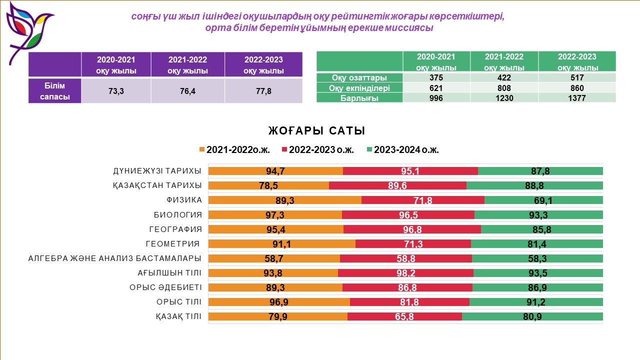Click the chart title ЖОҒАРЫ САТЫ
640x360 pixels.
[316, 131]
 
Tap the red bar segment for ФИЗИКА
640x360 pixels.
[422, 200]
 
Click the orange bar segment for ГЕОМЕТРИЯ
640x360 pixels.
[281, 244]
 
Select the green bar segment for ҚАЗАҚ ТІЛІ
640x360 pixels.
[532, 316]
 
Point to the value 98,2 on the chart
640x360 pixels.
[405, 273]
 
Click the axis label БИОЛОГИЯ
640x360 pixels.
[177, 215]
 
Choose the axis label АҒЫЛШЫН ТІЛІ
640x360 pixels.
[169, 273]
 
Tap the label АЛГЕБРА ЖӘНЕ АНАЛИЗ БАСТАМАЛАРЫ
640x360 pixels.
[115, 258]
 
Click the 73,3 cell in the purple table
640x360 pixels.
[116, 91]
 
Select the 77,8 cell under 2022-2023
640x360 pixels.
[263, 91]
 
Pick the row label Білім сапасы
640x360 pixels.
[55, 91]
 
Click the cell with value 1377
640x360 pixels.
[577, 98]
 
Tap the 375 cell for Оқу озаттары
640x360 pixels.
[436, 78]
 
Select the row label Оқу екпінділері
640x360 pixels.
[359, 88]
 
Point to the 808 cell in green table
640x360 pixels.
[504, 88]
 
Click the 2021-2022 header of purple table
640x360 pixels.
[187, 64]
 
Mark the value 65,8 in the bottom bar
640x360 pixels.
[404, 316]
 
